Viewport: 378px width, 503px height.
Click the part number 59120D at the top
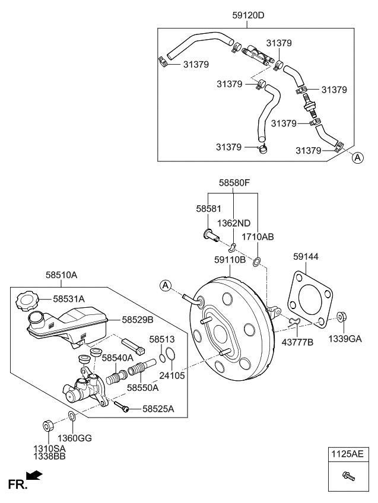tap(249, 15)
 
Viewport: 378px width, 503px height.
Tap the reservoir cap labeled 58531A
tap(27, 301)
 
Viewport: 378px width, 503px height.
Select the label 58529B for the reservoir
tap(138, 320)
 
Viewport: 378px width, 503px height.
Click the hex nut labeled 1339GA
tap(342, 317)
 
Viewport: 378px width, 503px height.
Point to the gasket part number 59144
tap(306, 256)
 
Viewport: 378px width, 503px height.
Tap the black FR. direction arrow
tap(34, 475)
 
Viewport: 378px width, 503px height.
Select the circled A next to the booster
tap(166, 285)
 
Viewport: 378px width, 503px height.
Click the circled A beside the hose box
tap(358, 158)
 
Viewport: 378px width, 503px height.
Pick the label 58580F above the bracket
tap(234, 183)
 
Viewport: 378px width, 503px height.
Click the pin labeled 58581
tap(211, 234)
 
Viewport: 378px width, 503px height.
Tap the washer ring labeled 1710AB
tap(257, 262)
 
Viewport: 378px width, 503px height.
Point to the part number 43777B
tap(297, 342)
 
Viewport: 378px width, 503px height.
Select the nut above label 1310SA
tap(48, 425)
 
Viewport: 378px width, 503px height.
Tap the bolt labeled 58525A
tap(121, 406)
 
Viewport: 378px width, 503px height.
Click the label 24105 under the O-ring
tap(172, 375)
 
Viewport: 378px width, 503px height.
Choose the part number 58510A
tap(61, 275)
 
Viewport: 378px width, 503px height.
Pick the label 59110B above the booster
tap(230, 260)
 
